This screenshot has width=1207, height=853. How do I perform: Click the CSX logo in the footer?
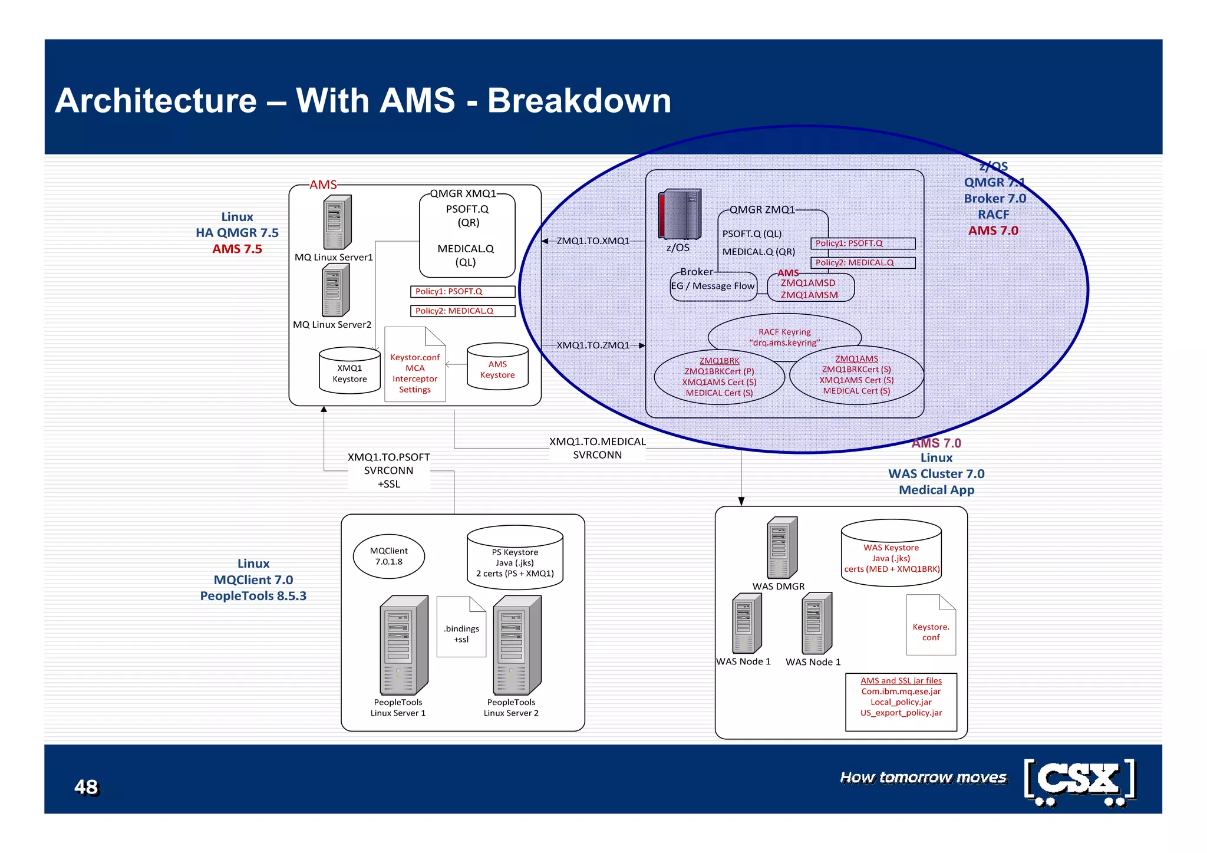click(1080, 782)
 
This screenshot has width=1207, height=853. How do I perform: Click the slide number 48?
click(86, 787)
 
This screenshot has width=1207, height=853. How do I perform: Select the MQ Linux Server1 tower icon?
click(337, 222)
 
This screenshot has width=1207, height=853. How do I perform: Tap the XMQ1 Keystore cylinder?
click(349, 371)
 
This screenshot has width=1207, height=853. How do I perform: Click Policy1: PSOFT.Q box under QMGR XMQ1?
click(463, 292)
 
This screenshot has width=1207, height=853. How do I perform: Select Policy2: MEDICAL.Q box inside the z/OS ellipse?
click(863, 263)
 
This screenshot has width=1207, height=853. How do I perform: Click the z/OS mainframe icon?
click(680, 214)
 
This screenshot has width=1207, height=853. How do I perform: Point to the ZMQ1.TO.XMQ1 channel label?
click(593, 241)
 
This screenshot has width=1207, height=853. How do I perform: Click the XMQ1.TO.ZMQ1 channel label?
click(593, 345)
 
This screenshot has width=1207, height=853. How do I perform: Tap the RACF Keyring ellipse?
click(784, 334)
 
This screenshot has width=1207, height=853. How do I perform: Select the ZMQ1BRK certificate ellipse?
click(719, 377)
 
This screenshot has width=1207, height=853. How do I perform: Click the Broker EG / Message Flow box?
click(713, 286)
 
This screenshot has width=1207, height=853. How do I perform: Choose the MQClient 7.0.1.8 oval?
click(389, 556)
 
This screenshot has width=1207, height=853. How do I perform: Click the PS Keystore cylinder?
click(515, 558)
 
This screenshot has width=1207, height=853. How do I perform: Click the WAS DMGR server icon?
click(781, 548)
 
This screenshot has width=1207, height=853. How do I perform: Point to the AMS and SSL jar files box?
click(901, 701)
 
